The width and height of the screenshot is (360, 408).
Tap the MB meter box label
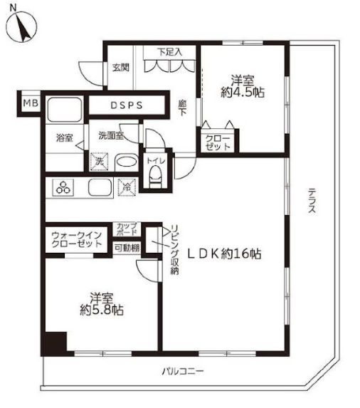pyautogui.click(x=29, y=104)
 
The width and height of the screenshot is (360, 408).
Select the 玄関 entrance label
pyautogui.click(x=120, y=68)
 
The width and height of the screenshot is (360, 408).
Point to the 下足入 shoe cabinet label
pyautogui.click(x=170, y=52)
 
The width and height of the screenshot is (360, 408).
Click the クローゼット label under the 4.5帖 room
pyautogui.click(x=218, y=142)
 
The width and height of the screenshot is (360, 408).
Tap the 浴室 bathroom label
pyautogui.click(x=64, y=138)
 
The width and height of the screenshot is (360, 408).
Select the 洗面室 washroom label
pyautogui.click(x=110, y=135)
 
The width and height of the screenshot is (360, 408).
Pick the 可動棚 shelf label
pyautogui.click(x=127, y=248)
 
